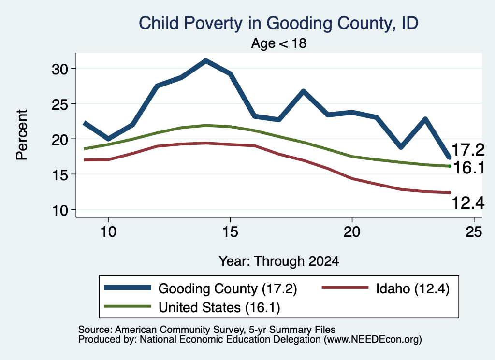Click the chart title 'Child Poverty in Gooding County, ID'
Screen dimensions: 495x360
(279, 23)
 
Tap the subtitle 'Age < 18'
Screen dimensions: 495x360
(279, 43)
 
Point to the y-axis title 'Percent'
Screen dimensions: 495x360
(22, 135)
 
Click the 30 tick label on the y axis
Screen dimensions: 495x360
(60, 69)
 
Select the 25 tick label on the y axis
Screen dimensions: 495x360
(60, 104)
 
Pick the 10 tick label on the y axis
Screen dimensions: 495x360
(60, 210)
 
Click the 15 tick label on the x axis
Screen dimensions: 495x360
(230, 232)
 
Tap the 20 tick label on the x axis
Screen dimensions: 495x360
(352, 232)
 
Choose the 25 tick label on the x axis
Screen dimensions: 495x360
(474, 232)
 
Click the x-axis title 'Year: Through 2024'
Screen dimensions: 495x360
(279, 261)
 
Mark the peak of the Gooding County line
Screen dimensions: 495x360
(206, 60)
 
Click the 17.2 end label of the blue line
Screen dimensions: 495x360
(468, 149)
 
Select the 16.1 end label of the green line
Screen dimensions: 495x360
(469, 168)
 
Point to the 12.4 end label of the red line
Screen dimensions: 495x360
(468, 202)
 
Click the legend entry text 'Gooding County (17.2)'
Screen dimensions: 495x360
(228, 289)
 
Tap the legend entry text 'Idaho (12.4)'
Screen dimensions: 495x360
(413, 289)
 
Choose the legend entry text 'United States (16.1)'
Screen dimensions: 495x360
(219, 308)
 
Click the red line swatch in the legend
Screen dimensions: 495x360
(345, 288)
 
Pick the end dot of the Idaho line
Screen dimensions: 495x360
(450, 192)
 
